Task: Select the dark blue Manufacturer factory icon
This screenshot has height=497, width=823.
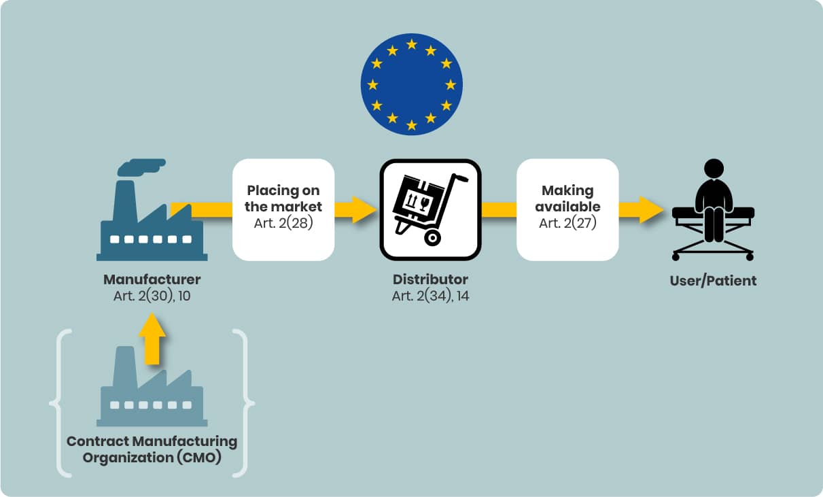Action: [152, 218]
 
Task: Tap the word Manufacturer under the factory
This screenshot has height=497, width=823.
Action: [152, 279]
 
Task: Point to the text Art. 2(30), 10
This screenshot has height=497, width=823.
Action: [152, 296]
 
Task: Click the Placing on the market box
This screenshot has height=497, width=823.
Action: [283, 209]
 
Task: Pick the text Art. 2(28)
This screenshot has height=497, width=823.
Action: [283, 222]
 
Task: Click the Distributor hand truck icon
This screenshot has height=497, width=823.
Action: [430, 209]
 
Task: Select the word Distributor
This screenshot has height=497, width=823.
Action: [430, 279]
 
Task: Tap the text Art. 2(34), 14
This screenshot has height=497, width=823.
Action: [430, 296]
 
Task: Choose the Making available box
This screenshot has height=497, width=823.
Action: [567, 209]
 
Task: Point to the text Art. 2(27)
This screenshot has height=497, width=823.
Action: [567, 222]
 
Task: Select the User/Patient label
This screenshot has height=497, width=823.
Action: [713, 280]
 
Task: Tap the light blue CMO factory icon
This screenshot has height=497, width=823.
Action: [152, 391]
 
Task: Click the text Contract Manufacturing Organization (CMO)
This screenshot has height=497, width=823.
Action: [152, 449]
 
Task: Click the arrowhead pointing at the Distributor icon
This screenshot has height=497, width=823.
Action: [364, 209]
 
